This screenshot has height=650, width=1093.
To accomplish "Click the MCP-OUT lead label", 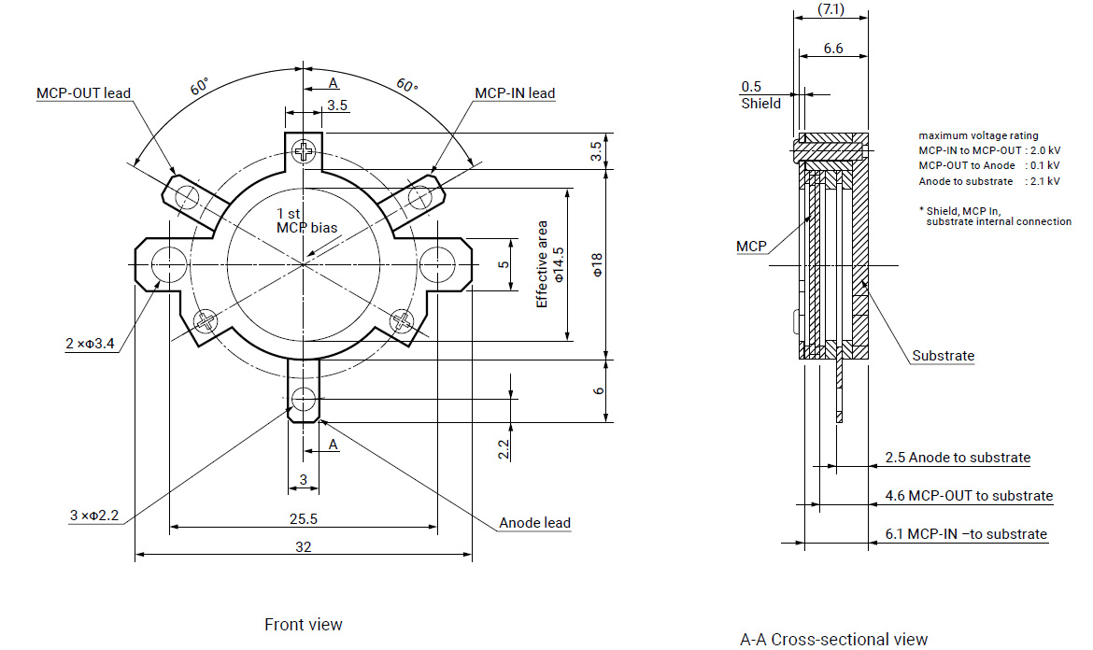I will point(83,93).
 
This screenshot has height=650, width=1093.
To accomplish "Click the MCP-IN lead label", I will point(515,93).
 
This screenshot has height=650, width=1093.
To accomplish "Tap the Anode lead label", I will point(534,523).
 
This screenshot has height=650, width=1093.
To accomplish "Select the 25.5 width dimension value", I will point(303,518).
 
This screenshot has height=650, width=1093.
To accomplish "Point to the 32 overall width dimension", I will point(303,547).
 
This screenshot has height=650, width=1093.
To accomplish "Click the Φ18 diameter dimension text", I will point(599,264).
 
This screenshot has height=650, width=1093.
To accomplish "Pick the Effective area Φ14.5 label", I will point(550,264).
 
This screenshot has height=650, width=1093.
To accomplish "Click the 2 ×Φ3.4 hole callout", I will point(90,345).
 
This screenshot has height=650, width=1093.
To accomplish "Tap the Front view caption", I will point(303,624).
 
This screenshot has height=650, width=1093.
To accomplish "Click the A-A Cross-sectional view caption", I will point(833,640).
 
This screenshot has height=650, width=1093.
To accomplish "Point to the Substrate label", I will point(943,356).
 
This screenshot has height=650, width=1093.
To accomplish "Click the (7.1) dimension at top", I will point(830,10).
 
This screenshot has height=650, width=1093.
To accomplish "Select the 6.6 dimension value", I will point(833,49).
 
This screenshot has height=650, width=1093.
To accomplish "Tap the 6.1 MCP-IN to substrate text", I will point(966,534).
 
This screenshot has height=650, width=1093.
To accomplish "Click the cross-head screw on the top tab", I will point(304,149).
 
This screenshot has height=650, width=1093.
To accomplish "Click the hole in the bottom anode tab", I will point(303,400).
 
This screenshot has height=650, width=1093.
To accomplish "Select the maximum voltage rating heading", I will point(978,136).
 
